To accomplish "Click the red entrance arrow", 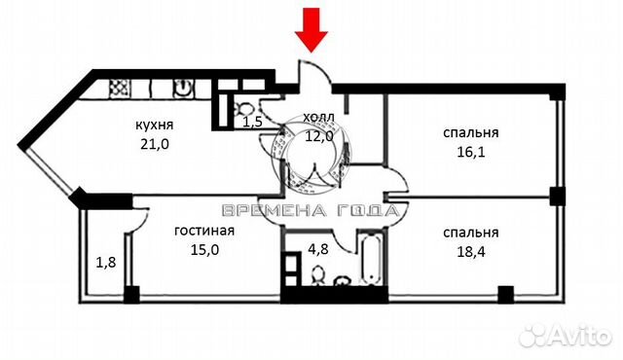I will point(312,26).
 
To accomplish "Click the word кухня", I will point(154,126).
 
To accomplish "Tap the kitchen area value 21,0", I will point(154,144).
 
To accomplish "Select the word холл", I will point(318,118).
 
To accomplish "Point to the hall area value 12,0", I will point(318,135).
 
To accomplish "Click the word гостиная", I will point(205,232).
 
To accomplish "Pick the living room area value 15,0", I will point(205,249).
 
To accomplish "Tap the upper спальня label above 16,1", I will point(471,133).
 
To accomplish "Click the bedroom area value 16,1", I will point(471,152).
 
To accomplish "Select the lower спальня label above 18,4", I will point(470,233).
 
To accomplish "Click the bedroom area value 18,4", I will point(470,251).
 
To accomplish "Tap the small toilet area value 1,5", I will point(252,123).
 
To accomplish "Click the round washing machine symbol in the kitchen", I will point(184,88).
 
